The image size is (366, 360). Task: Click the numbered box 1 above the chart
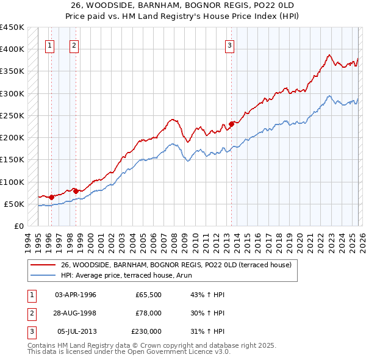pos(49,45)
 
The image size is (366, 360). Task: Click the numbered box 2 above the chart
pos(74,45)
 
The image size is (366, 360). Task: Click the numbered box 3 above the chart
pos(229,45)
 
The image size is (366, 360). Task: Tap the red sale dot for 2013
pos(232,124)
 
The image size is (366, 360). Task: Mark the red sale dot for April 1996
pos(52,197)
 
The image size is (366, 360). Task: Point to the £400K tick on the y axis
pos(12,49)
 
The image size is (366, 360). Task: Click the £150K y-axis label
pos(12,160)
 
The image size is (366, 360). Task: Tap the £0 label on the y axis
pos(18,226)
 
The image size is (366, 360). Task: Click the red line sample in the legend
pos(43,265)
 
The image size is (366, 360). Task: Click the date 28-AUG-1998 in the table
pos(76,313)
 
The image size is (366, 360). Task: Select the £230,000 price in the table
pos(146,331)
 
